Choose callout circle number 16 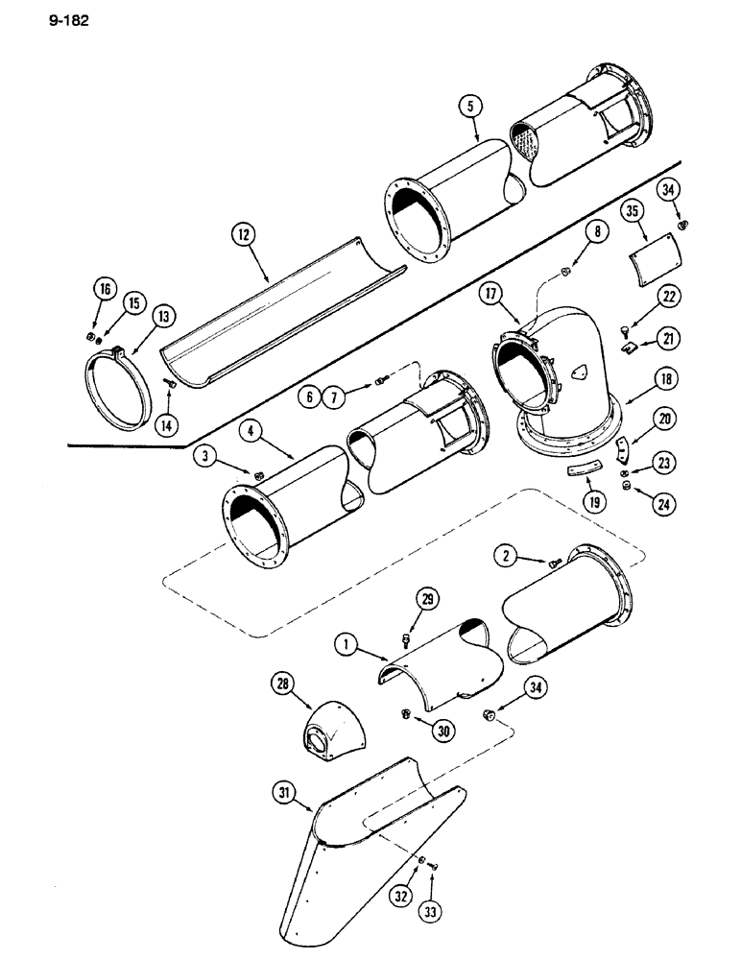102,287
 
